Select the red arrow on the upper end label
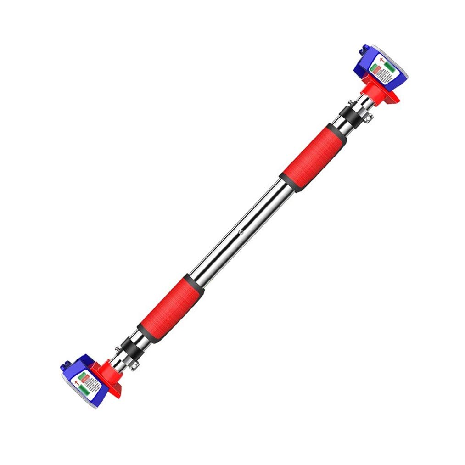pyautogui.click(x=381, y=60)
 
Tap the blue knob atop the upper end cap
pyautogui.click(x=365, y=48)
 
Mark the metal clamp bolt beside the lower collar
pyautogui.click(x=134, y=365)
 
